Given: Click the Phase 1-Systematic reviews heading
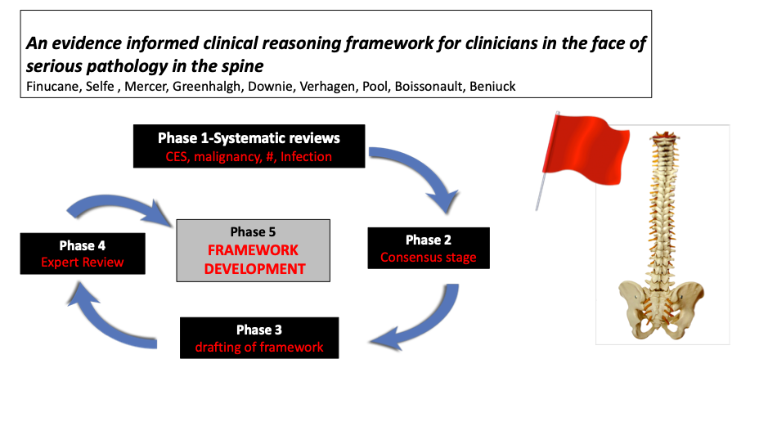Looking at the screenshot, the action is [x=249, y=138].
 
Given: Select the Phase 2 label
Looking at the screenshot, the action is [x=429, y=240].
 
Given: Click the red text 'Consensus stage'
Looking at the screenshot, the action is [x=429, y=258].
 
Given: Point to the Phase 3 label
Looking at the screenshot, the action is [x=259, y=330].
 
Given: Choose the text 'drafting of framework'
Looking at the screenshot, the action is [x=259, y=348].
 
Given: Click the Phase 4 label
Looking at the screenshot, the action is [x=83, y=245].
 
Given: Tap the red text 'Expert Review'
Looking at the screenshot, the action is [x=83, y=262].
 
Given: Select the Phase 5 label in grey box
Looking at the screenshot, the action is [x=254, y=231].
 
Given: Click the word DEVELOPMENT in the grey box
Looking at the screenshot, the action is [x=254, y=269].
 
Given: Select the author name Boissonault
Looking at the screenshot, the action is [x=428, y=87].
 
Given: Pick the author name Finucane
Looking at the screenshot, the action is [x=52, y=87].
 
